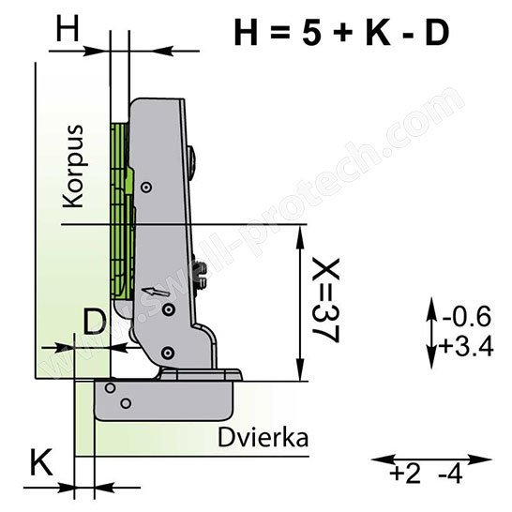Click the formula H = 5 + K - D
(x=341, y=33)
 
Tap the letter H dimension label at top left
(x=68, y=29)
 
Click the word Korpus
(x=74, y=166)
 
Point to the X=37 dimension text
(x=326, y=300)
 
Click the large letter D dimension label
(x=95, y=322)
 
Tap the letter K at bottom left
(x=41, y=462)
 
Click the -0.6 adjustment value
(x=466, y=316)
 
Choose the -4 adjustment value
(x=450, y=474)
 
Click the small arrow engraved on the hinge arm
(x=156, y=292)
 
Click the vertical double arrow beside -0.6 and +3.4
(x=431, y=332)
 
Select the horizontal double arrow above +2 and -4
(x=431, y=459)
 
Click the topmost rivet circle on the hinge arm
(x=146, y=188)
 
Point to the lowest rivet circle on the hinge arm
(x=167, y=353)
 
